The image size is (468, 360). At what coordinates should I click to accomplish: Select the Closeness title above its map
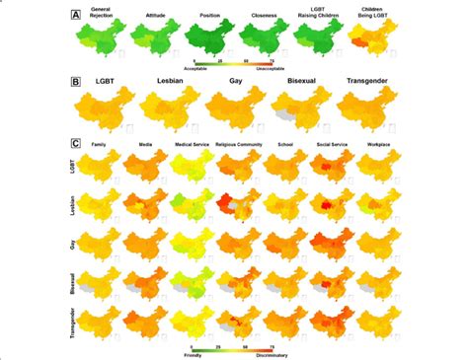260,17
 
